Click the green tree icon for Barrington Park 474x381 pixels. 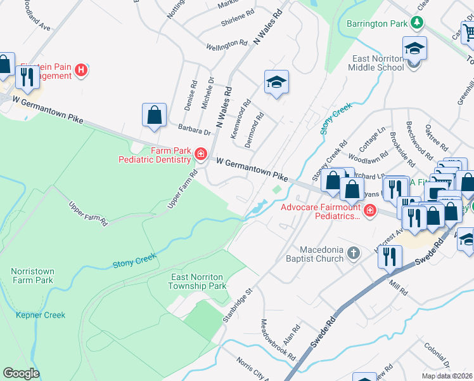[x=416, y=23]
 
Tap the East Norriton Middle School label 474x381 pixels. [x=378, y=63]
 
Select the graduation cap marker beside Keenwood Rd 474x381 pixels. [x=276, y=83]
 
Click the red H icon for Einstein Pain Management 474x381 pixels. [x=81, y=70]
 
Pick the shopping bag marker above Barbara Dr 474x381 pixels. [x=154, y=116]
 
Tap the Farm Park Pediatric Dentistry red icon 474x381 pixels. [x=200, y=154]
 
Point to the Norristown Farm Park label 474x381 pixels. [x=33, y=276]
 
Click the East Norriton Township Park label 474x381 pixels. [x=199, y=281]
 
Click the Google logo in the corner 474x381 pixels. [x=21, y=373]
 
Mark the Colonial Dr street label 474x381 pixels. [x=438, y=356]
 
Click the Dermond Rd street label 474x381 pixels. [x=254, y=130]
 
